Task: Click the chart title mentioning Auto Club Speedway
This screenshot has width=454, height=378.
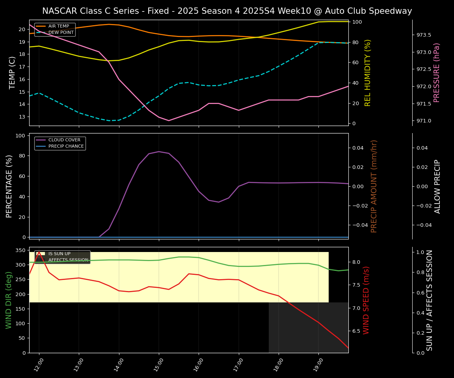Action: [227, 11]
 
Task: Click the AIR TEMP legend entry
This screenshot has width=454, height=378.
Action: [58, 26]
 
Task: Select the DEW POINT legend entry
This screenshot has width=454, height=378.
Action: [61, 33]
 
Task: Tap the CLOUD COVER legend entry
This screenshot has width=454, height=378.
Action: [64, 140]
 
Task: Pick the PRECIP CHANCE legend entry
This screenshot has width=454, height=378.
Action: [66, 146]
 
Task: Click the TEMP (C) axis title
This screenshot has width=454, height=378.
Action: [13, 72]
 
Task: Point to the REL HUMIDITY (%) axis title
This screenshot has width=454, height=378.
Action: [368, 72]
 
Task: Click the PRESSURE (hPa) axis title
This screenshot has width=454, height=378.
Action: [437, 72]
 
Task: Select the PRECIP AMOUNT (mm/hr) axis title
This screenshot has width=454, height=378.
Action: [374, 186]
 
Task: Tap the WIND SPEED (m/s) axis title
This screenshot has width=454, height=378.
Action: [366, 300]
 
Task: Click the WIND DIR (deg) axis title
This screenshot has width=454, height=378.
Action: [9, 300]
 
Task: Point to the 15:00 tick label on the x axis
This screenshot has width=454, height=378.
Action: [158, 365]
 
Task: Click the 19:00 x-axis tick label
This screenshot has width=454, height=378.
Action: [318, 365]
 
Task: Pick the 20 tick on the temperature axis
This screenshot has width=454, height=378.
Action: [22, 29]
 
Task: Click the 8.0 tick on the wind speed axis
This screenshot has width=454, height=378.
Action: [356, 262]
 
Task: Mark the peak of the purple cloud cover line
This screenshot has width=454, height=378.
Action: [159, 152]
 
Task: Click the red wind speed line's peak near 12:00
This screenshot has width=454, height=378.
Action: [39, 251]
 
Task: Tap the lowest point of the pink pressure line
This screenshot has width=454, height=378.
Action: [169, 120]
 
